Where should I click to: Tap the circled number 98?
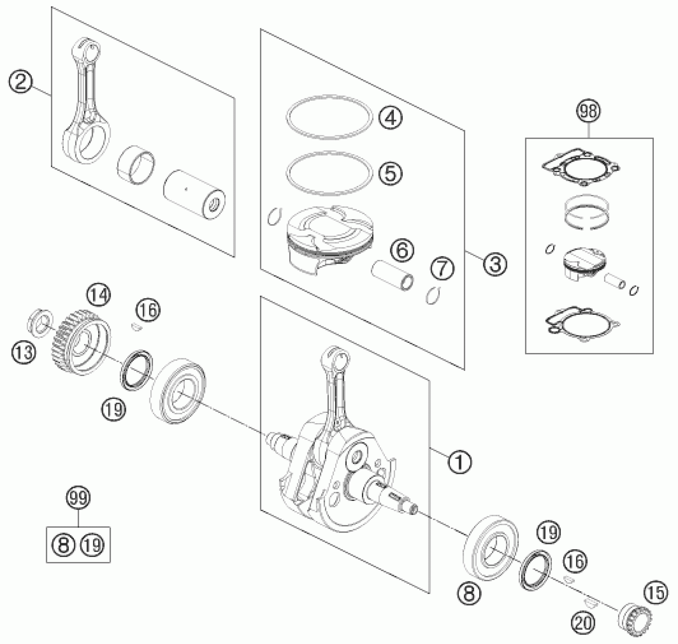coord(589,111)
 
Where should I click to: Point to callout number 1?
coord(459,461)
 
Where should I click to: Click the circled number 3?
coord(495,264)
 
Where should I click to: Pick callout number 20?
coord(584,622)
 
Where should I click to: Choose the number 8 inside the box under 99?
coord(63,545)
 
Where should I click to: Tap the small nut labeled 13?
coord(39,322)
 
